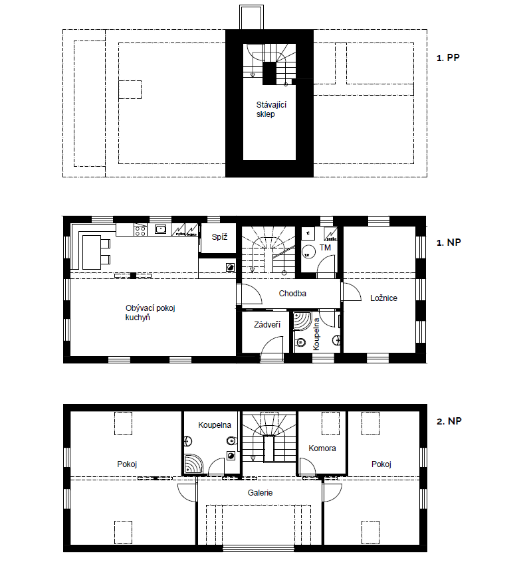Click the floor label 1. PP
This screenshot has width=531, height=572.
coord(448,58)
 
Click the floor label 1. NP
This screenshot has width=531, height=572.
coord(449,242)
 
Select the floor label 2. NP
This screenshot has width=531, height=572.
coord(449,421)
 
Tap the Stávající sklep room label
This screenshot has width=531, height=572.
coord(271,110)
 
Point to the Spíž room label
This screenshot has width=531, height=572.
coord(219,237)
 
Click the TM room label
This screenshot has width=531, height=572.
coord(325,248)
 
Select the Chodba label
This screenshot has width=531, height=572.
coord(292,293)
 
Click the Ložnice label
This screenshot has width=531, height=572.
coord(383,298)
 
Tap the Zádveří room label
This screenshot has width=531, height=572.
coord(267,324)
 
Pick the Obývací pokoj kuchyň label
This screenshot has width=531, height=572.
coord(150,313)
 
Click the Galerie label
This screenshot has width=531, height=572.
coord(260,493)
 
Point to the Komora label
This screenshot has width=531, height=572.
coord(322,448)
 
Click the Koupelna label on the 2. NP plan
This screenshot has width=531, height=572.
coord(215,425)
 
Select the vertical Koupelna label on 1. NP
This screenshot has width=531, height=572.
coord(316,334)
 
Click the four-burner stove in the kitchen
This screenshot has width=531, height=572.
coord(141,230)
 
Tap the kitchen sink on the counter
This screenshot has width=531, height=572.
coord(160,229)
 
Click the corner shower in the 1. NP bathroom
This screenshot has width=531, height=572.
coord(302,321)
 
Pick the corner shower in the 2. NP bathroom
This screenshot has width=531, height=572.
coord(193,464)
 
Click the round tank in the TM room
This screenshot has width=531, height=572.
coord(309,252)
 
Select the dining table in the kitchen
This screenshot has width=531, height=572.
coord(92,252)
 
